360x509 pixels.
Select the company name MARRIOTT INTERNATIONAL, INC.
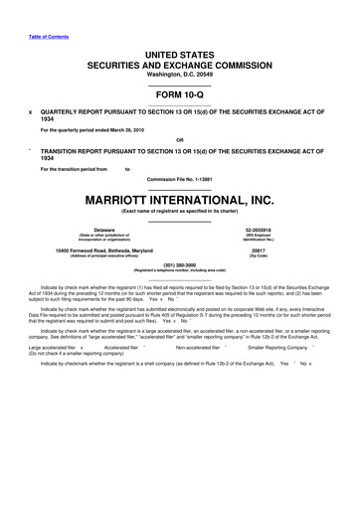click(180, 196)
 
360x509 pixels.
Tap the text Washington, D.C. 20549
click(180, 75)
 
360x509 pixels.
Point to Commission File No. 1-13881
click(180, 178)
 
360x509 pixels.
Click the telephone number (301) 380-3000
click(180, 264)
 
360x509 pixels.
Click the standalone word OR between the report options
click(180, 138)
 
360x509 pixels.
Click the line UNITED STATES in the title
click(180, 52)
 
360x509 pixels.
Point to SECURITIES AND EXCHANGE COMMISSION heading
click(180, 64)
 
